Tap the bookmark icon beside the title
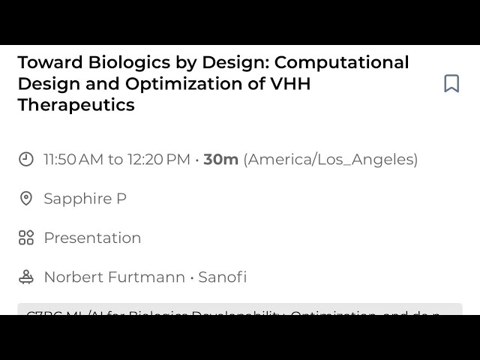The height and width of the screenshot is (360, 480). point(451,83)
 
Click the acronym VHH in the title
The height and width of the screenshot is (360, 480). point(289,83)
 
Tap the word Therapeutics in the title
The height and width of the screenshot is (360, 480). point(76,105)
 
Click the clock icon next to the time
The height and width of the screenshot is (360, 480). point(26,159)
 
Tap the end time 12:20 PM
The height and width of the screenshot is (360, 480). point(159,159)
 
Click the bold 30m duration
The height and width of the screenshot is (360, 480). point(220,159)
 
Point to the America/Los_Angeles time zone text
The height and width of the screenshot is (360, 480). point(331,160)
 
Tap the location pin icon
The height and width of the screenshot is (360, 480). point(26,199)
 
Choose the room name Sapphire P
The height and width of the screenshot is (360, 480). point(85,199)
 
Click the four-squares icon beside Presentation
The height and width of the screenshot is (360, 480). point(26,238)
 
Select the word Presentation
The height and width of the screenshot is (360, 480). point(92,238)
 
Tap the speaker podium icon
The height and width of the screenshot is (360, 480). point(26,277)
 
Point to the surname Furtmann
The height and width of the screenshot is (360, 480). point(146,277)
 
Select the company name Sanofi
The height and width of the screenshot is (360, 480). point(222,277)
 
